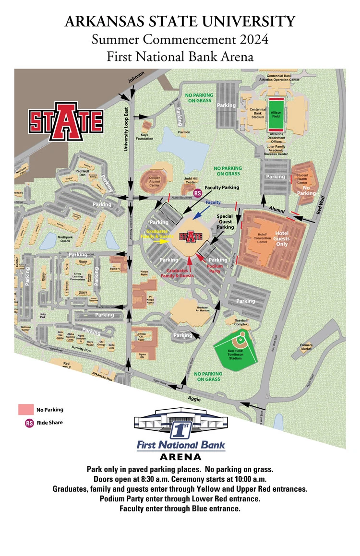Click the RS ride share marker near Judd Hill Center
[197, 193]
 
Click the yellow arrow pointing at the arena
[163, 240]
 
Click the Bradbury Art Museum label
[202, 310]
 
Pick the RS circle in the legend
[29, 423]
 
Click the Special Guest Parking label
[225, 222]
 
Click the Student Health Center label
[302, 179]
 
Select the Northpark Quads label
[65, 238]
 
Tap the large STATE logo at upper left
[66, 120]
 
